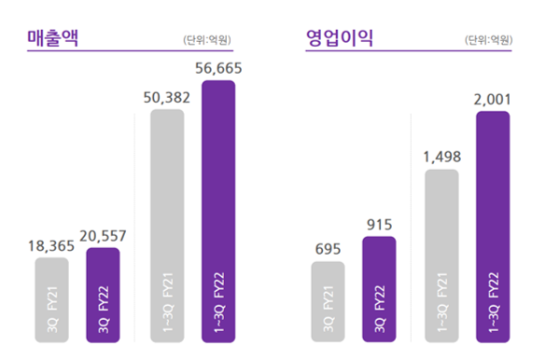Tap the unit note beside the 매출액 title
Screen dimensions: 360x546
206,40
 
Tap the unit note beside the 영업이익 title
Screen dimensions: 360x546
487,40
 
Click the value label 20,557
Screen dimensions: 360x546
102,235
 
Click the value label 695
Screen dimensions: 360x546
328,247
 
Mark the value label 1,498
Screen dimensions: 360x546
442,155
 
